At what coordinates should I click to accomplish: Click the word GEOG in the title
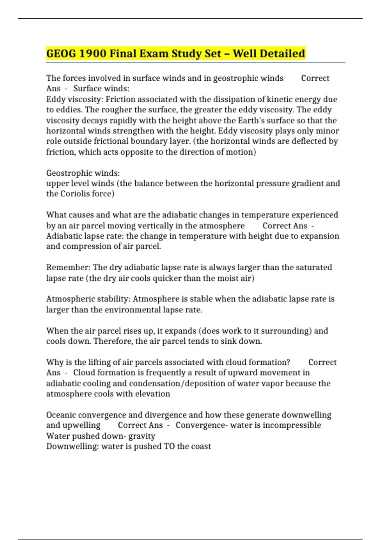61,53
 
